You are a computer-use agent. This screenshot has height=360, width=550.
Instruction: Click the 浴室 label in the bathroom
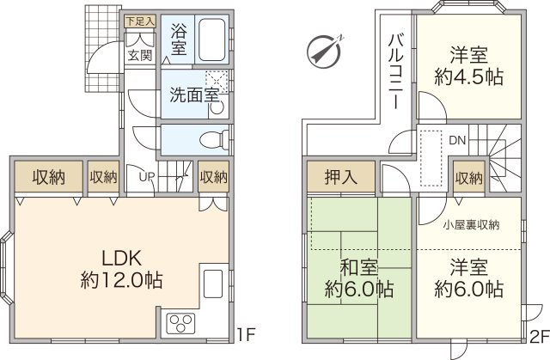[178, 39]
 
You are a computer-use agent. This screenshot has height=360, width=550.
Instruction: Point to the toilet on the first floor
[214, 139]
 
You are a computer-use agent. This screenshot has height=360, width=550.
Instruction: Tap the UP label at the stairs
[148, 178]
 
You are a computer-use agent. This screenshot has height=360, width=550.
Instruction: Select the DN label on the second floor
[457, 139]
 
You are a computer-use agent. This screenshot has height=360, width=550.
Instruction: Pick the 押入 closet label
[340, 179]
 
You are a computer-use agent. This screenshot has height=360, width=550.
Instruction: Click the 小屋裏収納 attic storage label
[471, 225]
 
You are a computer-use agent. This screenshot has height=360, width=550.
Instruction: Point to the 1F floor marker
[246, 333]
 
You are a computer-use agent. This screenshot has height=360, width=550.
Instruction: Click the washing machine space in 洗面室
[217, 82]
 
